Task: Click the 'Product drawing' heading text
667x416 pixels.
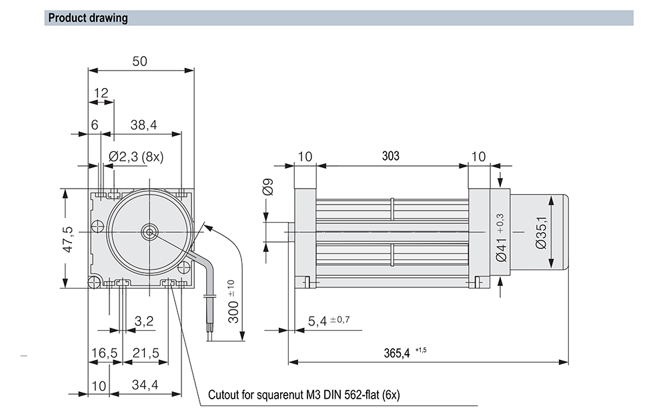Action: [x=88, y=18]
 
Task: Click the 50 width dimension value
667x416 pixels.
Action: [x=139, y=61]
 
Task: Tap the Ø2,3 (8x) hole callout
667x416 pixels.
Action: [x=136, y=157]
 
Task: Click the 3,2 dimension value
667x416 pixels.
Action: [x=144, y=321]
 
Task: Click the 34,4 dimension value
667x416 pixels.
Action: [x=145, y=385]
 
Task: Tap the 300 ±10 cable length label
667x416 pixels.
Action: [x=231, y=301]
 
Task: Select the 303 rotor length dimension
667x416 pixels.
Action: [x=391, y=156]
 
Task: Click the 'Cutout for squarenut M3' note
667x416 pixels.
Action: [x=303, y=395]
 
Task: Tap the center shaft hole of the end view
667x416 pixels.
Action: [x=148, y=233]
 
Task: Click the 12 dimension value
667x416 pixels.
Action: [x=101, y=93]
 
